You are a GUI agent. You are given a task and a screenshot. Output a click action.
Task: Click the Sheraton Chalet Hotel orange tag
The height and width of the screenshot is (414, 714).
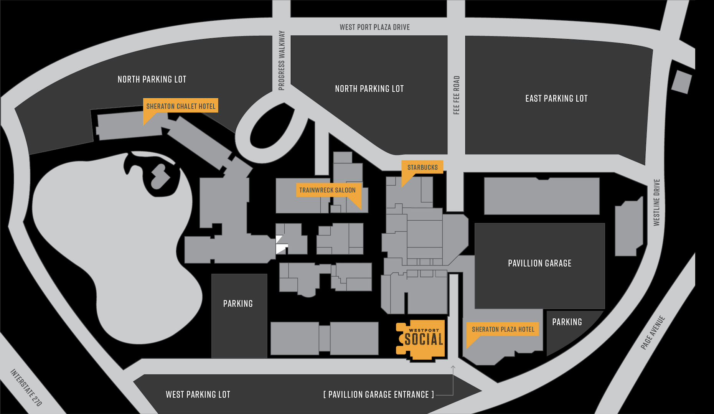coord(181,106)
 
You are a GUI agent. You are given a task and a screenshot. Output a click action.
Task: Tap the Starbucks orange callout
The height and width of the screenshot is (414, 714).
coord(422,167)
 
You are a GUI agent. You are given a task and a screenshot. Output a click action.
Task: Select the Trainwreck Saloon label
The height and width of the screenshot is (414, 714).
coord(327,190)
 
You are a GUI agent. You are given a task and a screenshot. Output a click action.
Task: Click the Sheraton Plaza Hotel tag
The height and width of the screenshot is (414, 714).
coord(503,329)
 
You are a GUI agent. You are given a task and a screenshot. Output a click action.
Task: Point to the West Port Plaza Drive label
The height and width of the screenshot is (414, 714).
coord(374,27)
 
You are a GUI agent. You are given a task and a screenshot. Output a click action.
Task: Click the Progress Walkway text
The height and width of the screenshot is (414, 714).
coord(282,61)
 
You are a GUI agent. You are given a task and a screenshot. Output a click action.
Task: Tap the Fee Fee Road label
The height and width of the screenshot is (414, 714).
coord(456,95)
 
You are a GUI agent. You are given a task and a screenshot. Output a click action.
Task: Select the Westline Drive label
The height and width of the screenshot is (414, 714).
coord(656,202)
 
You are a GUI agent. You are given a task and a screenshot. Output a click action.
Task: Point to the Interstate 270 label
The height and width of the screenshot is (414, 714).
coord(26,388)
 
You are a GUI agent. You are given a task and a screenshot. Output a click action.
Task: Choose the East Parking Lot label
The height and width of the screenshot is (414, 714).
coord(556,99)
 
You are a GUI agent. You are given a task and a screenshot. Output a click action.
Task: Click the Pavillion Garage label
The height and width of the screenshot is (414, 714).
coord(539,263)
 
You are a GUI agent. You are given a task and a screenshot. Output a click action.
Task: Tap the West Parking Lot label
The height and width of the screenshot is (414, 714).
coord(198,394)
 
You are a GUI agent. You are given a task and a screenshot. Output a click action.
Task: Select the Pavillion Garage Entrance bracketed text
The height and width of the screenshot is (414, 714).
coord(379,394)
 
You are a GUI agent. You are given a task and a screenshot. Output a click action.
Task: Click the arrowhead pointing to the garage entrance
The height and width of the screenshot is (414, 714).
coord(453,367)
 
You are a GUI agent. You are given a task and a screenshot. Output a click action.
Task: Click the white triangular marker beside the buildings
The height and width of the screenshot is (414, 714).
coord(280,244)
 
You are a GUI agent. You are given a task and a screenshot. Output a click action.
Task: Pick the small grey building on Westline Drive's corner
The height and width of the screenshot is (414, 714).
coord(681,82)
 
